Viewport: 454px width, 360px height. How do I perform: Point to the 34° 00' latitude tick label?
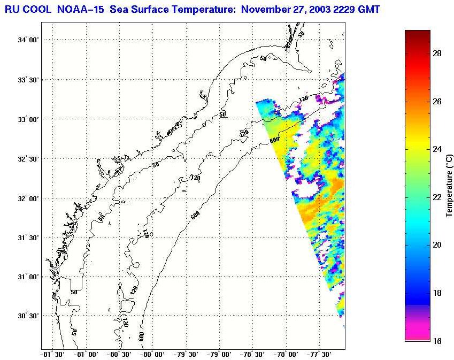pos(28,40)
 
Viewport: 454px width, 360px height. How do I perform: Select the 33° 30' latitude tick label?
pos(28,80)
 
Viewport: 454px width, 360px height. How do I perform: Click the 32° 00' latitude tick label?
pos(28,198)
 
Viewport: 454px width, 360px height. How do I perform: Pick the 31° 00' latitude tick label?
pos(28,277)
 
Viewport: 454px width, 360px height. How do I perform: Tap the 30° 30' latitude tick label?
pos(28,316)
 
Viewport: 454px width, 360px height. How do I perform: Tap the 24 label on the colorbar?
pos(436,149)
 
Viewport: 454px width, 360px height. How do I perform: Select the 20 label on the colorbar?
pos(436,244)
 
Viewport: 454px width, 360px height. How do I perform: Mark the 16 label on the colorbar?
pos(436,340)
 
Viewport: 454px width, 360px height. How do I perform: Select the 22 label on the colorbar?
pos(436,197)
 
